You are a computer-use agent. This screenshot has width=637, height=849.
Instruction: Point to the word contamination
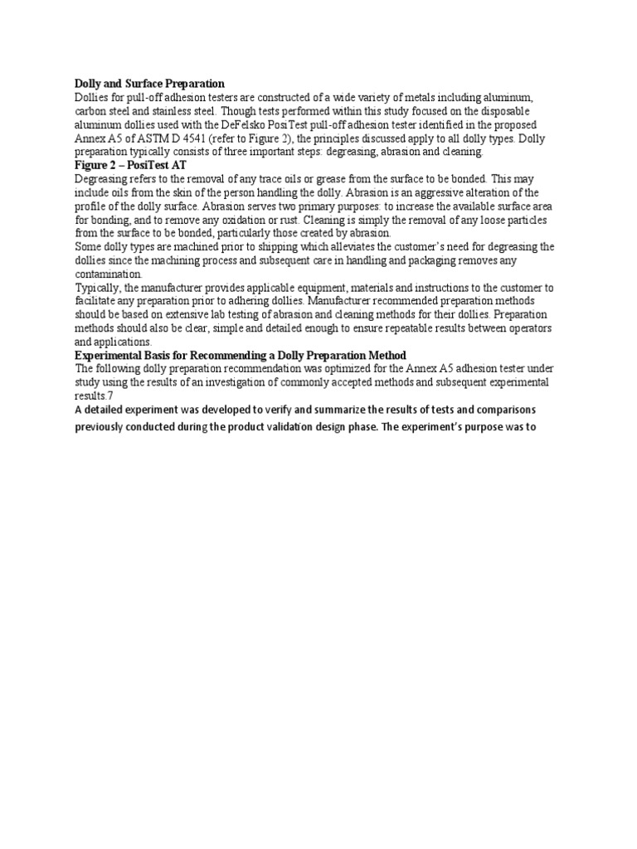(108, 274)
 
